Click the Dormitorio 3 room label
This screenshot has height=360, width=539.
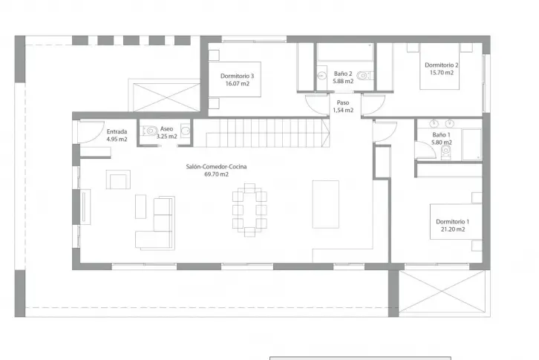pos(237,76)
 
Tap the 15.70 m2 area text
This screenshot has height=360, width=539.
pos(442,73)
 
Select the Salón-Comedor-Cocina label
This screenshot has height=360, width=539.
pos(216,166)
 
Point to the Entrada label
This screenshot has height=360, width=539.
pos(117,131)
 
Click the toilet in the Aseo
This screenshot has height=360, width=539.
pos(149,131)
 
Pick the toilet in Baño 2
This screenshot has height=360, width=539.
pos(363,75)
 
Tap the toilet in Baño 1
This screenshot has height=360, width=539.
pos(446,152)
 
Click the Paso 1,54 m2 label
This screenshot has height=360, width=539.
pos(343,106)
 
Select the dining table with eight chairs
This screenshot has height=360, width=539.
pos(250,210)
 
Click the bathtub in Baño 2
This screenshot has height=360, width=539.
pos(345,52)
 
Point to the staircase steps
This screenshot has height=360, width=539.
pos(261,133)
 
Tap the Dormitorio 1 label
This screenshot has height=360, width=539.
pos(452,222)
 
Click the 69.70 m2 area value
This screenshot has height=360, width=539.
pos(216,174)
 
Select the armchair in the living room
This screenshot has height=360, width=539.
pos(118,180)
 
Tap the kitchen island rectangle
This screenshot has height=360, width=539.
pos(325,204)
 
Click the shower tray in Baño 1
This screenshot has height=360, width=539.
pos(472,145)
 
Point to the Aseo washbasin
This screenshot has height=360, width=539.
pos(186,131)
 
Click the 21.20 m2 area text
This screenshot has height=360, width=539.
pos(453,229)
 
